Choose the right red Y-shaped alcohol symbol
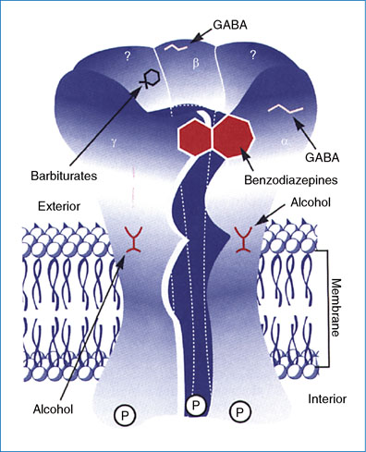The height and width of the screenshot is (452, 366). pos(245,239)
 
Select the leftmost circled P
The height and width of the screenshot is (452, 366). pos(124,416)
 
